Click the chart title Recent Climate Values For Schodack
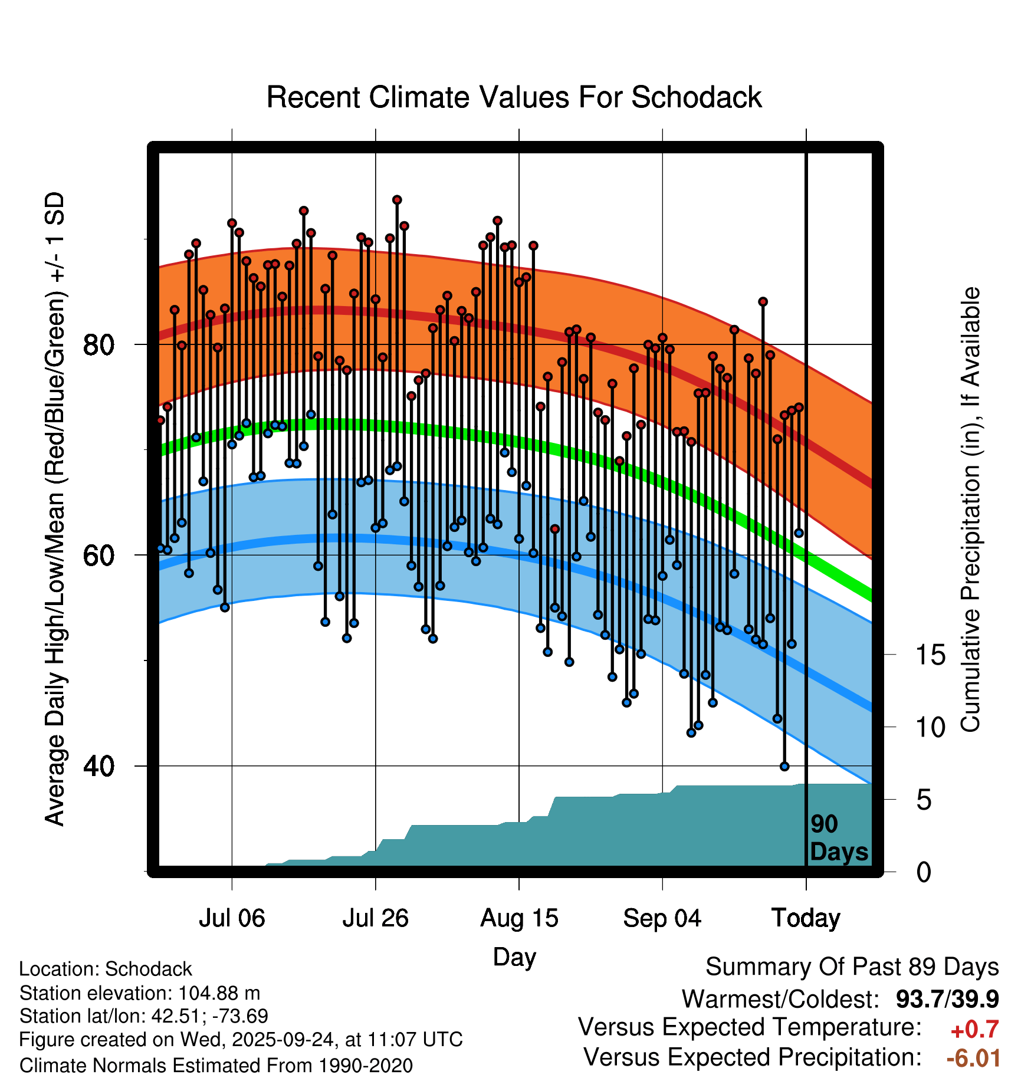pyautogui.click(x=514, y=97)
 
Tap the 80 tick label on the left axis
pyautogui.click(x=98, y=344)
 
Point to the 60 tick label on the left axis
pyautogui.click(x=98, y=555)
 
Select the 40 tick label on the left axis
pyautogui.click(x=98, y=766)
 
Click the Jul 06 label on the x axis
pyautogui.click(x=232, y=918)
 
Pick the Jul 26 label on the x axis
pyautogui.click(x=375, y=918)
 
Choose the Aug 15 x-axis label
pyautogui.click(x=519, y=918)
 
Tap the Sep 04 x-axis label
pyautogui.click(x=662, y=918)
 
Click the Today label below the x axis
pyautogui.click(x=806, y=918)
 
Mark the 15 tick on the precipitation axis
pyautogui.click(x=930, y=655)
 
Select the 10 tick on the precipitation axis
pyautogui.click(x=930, y=728)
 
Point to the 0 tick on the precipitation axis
pyautogui.click(x=924, y=872)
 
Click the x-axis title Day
pyautogui.click(x=514, y=957)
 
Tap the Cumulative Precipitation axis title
pyautogui.click(x=970, y=510)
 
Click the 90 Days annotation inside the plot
pyautogui.click(x=838, y=838)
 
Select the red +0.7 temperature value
pyautogui.click(x=974, y=1030)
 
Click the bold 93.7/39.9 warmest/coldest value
pyautogui.click(x=947, y=999)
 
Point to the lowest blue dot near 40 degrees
pyautogui.click(x=784, y=766)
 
